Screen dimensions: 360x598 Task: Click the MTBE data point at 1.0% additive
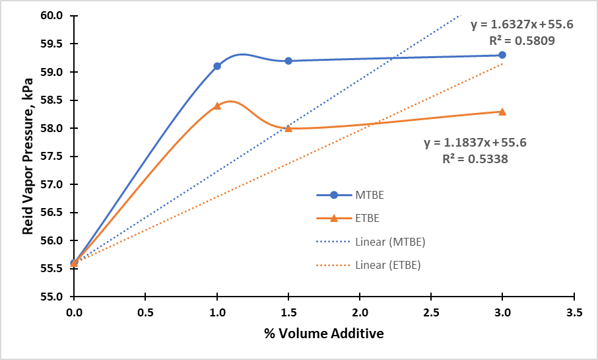pyautogui.click(x=217, y=66)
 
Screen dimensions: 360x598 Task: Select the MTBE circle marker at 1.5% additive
pyautogui.click(x=288, y=61)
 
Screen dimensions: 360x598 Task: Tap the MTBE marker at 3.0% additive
pyautogui.click(x=502, y=55)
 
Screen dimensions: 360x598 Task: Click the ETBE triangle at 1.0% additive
pyautogui.click(x=217, y=106)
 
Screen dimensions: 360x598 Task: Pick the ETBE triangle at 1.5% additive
pyautogui.click(x=288, y=128)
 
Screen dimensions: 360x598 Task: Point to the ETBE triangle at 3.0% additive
pyautogui.click(x=502, y=112)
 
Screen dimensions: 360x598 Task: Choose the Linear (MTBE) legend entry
pyautogui.click(x=370, y=242)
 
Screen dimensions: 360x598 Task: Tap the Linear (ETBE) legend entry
pyautogui.click(x=369, y=265)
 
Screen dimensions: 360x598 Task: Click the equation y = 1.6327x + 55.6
pyautogui.click(x=521, y=24)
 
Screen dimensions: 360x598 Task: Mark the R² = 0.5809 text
pyautogui.click(x=521, y=40)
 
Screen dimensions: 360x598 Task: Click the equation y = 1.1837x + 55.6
pyautogui.click(x=475, y=142)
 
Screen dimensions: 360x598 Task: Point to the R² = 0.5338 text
pyautogui.click(x=475, y=158)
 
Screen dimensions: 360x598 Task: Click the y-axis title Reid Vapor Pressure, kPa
pyautogui.click(x=28, y=156)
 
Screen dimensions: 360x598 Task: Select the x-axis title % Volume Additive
pyautogui.click(x=323, y=334)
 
